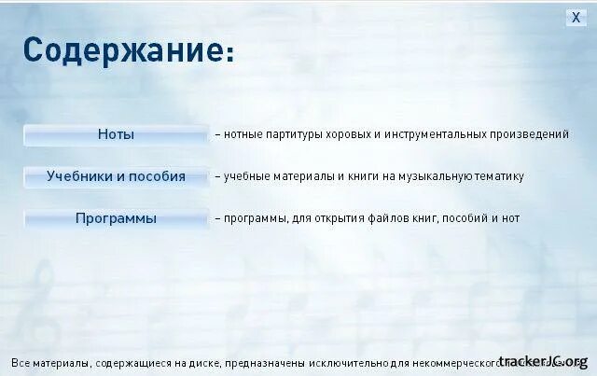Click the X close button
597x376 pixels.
coord(576,18)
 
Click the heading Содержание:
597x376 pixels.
coord(129,50)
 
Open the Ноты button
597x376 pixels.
coord(116,134)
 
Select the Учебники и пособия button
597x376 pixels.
coord(116,176)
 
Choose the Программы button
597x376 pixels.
coord(116,219)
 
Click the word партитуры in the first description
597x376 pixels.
coord(292,134)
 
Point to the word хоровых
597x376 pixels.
coord(350,134)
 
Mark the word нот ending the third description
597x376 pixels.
coord(509,218)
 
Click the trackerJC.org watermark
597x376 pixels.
coord(543,361)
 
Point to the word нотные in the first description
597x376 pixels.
coord(242,134)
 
